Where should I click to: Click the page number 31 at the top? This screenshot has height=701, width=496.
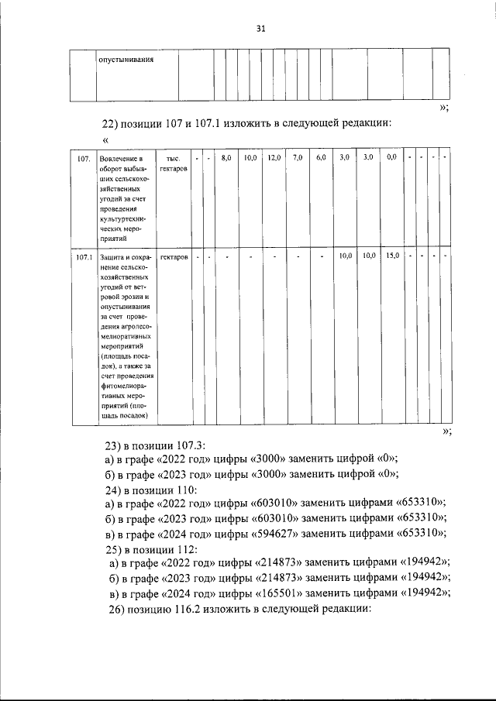click(260, 29)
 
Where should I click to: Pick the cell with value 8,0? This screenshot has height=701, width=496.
click(226, 158)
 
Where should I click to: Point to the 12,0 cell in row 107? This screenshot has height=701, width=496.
click(274, 158)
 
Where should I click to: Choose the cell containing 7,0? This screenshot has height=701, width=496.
click(298, 158)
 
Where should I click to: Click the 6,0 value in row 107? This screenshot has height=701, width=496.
click(321, 158)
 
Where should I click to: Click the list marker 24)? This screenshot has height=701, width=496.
click(114, 490)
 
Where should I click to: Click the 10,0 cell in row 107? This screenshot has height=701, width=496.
click(250, 158)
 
